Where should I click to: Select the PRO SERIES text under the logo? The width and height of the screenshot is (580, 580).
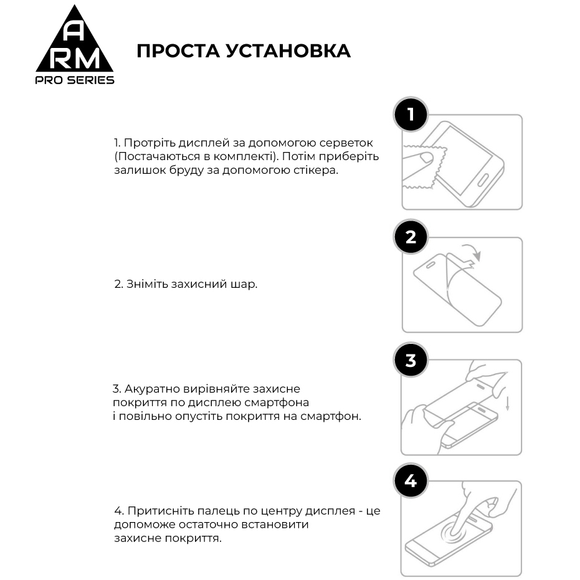point(75,80)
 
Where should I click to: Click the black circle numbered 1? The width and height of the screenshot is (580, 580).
point(411,115)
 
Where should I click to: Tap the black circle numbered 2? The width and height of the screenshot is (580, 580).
point(411,237)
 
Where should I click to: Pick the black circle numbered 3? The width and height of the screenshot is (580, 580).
point(411,361)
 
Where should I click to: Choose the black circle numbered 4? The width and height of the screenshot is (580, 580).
point(411,481)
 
